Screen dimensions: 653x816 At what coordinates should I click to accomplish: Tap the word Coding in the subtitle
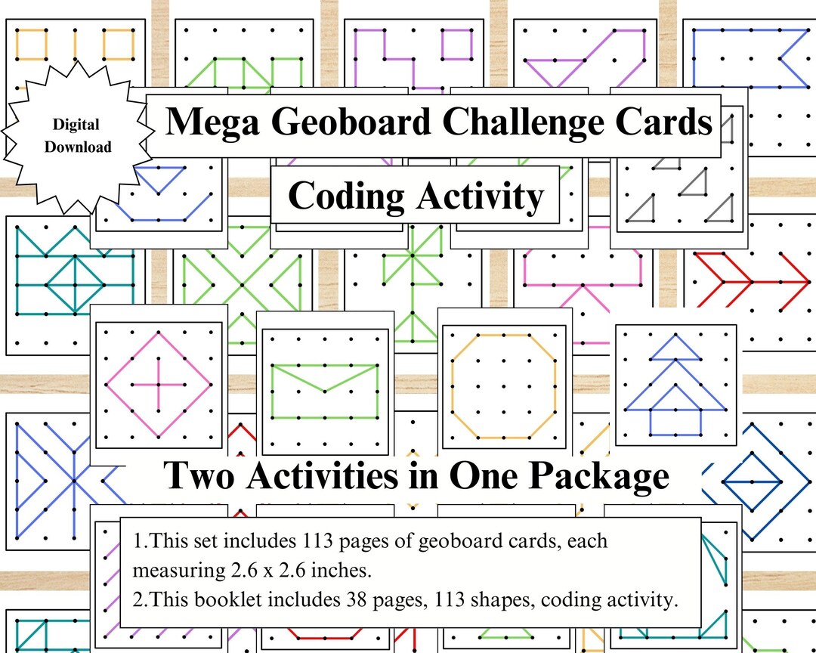pyautogui.click(x=347, y=197)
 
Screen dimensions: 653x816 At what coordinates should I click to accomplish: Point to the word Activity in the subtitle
pyautogui.click(x=478, y=197)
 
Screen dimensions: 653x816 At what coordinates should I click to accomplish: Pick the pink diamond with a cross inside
pyautogui.click(x=159, y=384)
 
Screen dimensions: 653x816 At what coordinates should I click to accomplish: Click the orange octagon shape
pyautogui.click(x=504, y=385)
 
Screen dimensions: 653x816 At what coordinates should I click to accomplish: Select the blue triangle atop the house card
pyautogui.click(x=675, y=349)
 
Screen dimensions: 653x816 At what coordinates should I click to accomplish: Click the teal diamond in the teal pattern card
pyautogui.click(x=74, y=285)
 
